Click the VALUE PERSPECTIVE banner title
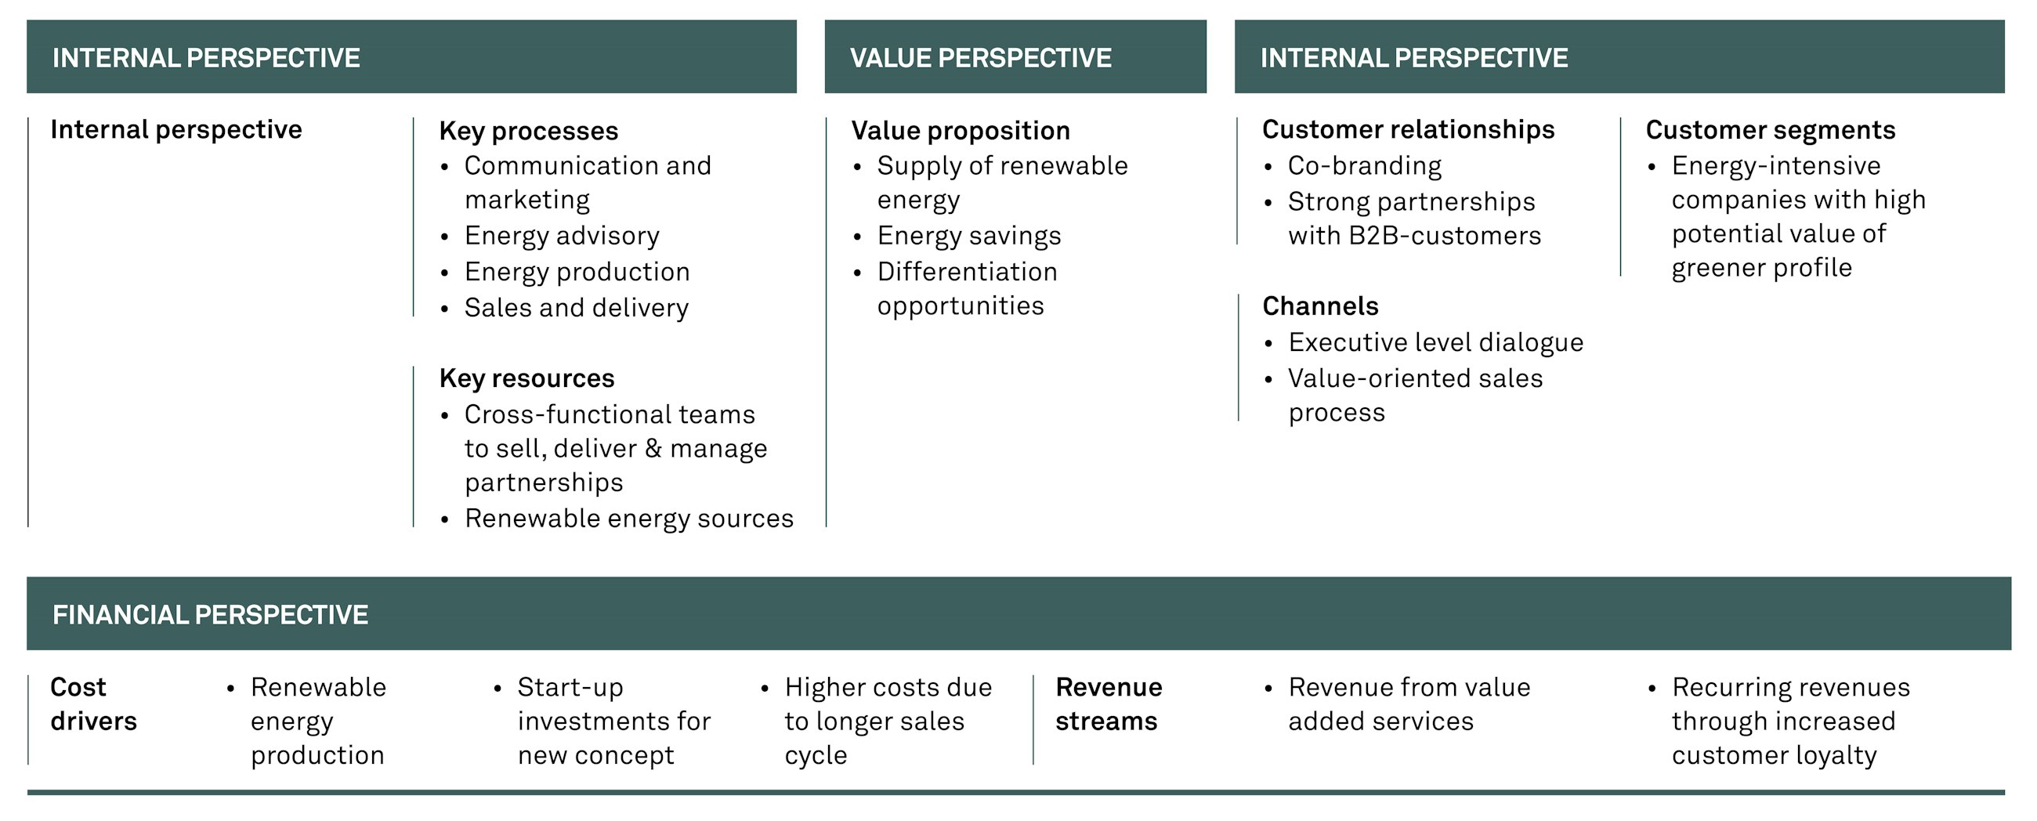click(x=980, y=58)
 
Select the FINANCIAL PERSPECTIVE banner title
click(x=209, y=614)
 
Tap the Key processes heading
click(x=528, y=131)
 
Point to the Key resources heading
click(x=526, y=378)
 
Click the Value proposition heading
click(x=960, y=131)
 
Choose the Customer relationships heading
click(x=1408, y=130)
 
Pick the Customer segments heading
click(x=1770, y=130)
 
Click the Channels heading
click(x=1320, y=306)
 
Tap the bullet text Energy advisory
click(x=562, y=236)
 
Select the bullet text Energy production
click(x=577, y=271)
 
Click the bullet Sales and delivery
click(x=576, y=308)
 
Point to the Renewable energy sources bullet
click(x=628, y=518)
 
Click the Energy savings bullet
click(x=968, y=236)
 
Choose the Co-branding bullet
click(x=1364, y=165)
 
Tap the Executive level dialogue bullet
click(x=1435, y=342)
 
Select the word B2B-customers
click(x=1444, y=236)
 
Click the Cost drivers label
click(x=92, y=704)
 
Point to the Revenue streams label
click(x=1108, y=704)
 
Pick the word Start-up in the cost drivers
click(x=570, y=687)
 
